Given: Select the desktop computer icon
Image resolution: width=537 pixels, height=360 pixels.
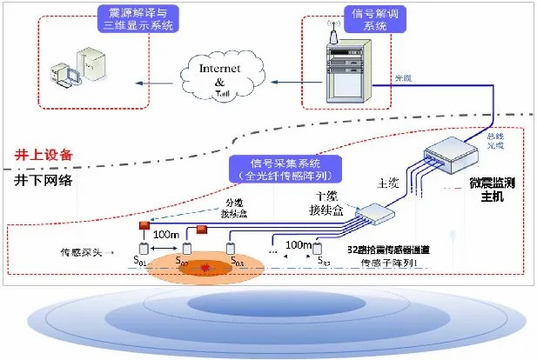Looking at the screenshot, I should pyautogui.click(x=76, y=77).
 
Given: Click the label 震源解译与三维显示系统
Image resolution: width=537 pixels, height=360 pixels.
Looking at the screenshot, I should pyautogui.click(x=138, y=19).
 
